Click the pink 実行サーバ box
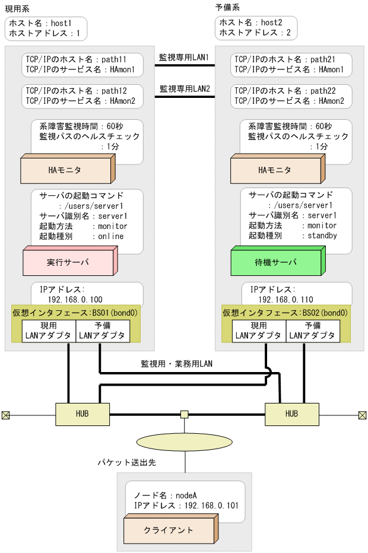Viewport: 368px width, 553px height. [68, 262]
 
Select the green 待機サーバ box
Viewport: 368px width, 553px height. [277, 262]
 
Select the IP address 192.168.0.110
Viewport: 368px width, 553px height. [285, 300]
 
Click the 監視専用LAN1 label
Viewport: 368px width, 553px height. [184, 58]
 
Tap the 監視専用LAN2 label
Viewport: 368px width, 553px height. [184, 89]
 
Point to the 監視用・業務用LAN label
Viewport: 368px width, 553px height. [176, 363]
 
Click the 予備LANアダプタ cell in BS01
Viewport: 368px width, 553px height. [103, 331]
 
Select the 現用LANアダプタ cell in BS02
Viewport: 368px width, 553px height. [258, 331]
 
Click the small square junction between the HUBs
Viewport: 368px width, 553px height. [185, 414]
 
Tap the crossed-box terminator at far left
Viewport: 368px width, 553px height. [6, 415]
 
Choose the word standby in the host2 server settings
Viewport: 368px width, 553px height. [322, 236]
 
